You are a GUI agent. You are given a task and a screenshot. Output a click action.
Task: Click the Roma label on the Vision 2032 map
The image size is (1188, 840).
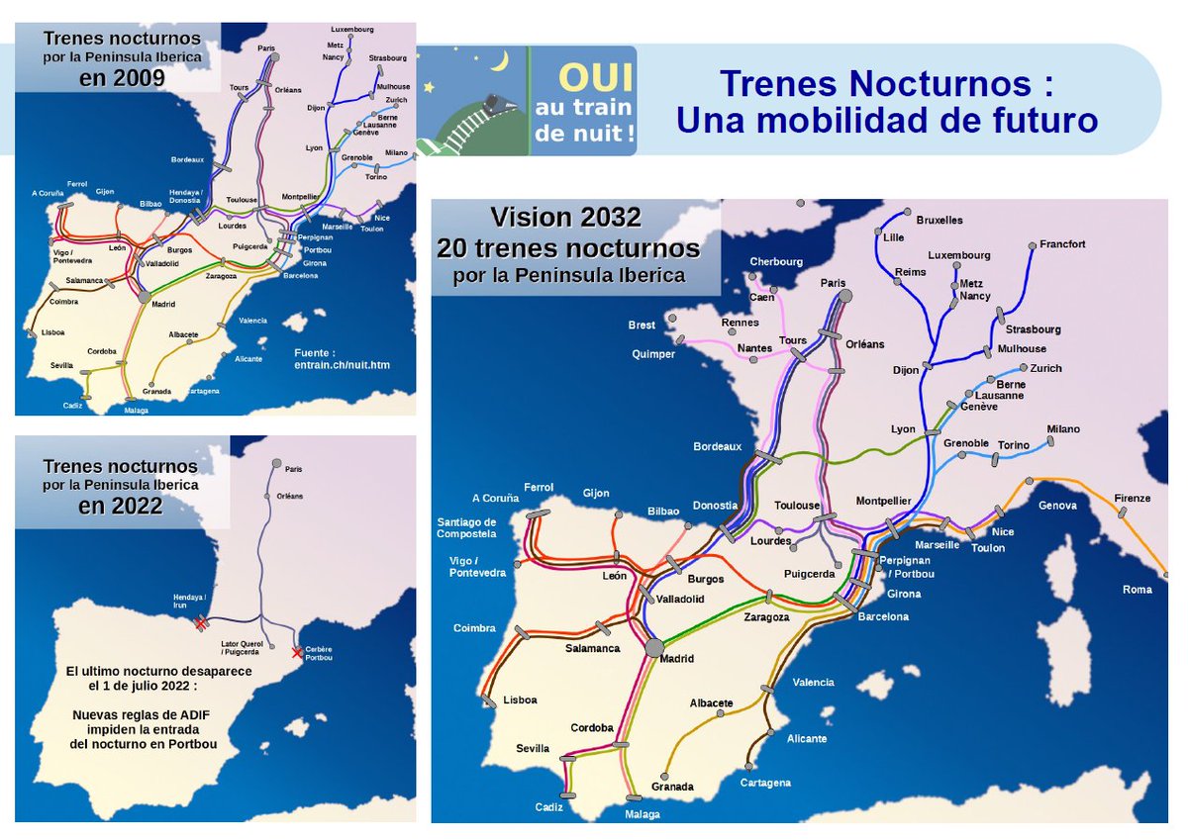(x=1138, y=590)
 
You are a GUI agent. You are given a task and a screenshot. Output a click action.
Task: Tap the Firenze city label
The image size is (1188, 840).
(x=1133, y=498)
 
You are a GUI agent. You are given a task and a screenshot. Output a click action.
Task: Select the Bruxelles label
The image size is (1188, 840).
(x=940, y=220)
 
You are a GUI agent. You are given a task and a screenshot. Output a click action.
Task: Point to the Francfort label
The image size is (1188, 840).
(x=1062, y=244)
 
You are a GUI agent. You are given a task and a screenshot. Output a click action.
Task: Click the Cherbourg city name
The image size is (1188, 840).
(x=775, y=262)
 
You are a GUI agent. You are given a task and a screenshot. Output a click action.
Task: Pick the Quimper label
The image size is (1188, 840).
(x=652, y=353)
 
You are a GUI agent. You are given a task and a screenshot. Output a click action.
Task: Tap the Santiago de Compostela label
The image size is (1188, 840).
(x=466, y=527)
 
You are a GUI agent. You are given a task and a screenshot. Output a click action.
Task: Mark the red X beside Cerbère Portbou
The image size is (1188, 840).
(x=296, y=653)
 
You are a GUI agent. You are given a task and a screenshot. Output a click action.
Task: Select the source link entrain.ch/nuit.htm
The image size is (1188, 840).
(x=343, y=365)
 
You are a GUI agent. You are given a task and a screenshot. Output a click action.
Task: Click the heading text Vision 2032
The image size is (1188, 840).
(x=567, y=218)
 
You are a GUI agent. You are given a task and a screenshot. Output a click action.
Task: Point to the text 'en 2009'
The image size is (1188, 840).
(x=122, y=78)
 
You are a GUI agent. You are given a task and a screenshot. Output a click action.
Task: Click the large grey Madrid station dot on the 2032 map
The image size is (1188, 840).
(x=653, y=647)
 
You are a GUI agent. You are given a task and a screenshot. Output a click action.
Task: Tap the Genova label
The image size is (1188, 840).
(x=1056, y=506)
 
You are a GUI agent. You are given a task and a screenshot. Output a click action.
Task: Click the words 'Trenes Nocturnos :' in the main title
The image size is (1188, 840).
(x=886, y=83)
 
